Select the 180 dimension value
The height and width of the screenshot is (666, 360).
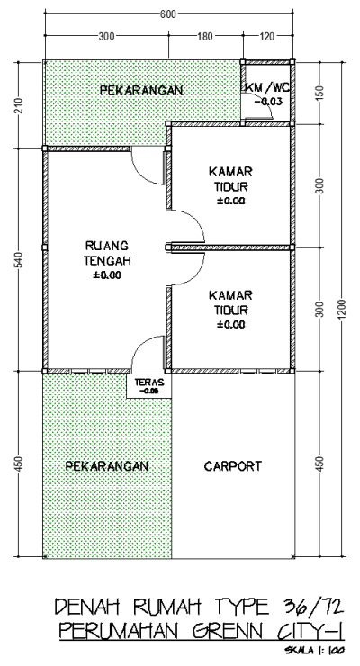[204, 36]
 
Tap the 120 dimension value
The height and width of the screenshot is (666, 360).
[268, 36]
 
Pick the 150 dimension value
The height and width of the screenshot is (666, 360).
[321, 93]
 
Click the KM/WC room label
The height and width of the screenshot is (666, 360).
[267, 87]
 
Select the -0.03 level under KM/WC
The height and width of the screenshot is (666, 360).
[267, 102]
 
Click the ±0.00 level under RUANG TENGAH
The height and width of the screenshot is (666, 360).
[106, 275]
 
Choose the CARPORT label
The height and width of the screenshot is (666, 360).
[232, 466]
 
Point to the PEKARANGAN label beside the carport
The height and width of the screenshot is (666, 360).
[106, 466]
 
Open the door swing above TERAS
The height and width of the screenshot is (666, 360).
[148, 353]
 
